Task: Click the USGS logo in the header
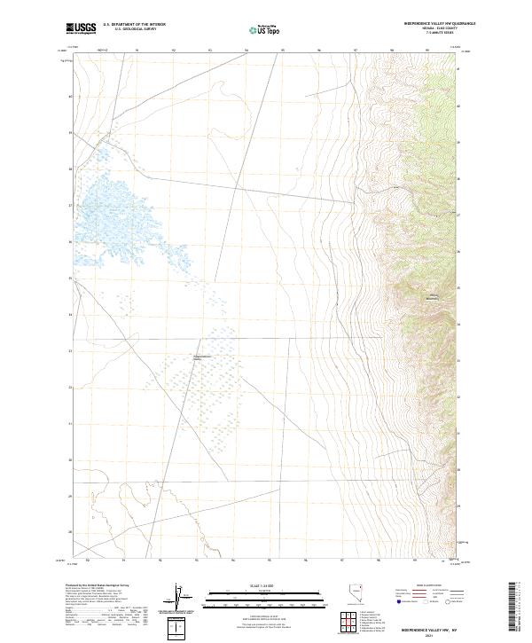[82, 28]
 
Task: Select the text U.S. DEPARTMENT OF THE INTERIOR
[134, 25]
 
